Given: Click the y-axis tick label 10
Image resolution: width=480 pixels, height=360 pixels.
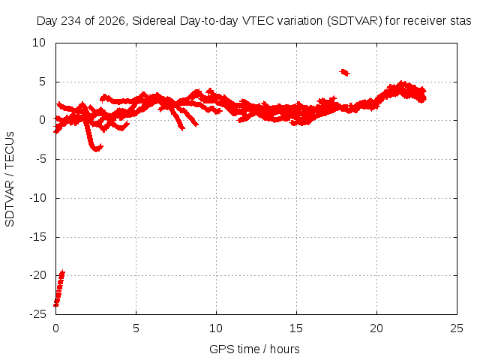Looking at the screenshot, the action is point(39,43).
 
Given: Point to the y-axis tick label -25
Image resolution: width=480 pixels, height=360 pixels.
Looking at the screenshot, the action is point(38,314).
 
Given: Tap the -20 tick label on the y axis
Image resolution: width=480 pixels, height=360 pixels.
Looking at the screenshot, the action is point(38,275).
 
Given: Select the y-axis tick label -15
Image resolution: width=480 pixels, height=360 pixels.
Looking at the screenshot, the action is point(38,237).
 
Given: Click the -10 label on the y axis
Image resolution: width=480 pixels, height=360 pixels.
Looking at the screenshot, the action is point(38,198).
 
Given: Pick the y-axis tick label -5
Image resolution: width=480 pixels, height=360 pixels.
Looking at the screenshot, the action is point(41,159).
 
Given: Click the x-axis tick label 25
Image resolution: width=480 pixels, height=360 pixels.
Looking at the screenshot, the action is point(457,328).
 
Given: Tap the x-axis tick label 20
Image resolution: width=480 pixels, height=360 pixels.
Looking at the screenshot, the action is point(376,328).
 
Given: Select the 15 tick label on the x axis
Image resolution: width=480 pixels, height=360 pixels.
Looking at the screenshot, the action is point(296,328).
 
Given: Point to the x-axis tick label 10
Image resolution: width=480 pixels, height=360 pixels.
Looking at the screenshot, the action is point(216,328).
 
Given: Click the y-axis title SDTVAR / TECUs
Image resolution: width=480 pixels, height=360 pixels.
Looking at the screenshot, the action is point(10,179).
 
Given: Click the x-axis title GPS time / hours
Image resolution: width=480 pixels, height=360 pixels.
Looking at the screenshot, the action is point(254,349).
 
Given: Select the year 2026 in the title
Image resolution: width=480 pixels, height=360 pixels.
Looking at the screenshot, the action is point(112,21).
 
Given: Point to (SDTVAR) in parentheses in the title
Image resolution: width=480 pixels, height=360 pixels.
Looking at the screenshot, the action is point(355,21).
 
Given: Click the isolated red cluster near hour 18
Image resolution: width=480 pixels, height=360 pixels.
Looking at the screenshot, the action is point(345,73).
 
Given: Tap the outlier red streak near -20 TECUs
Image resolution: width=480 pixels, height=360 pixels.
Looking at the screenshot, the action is point(59,288).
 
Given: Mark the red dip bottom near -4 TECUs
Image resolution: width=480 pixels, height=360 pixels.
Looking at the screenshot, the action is point(97,148).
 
